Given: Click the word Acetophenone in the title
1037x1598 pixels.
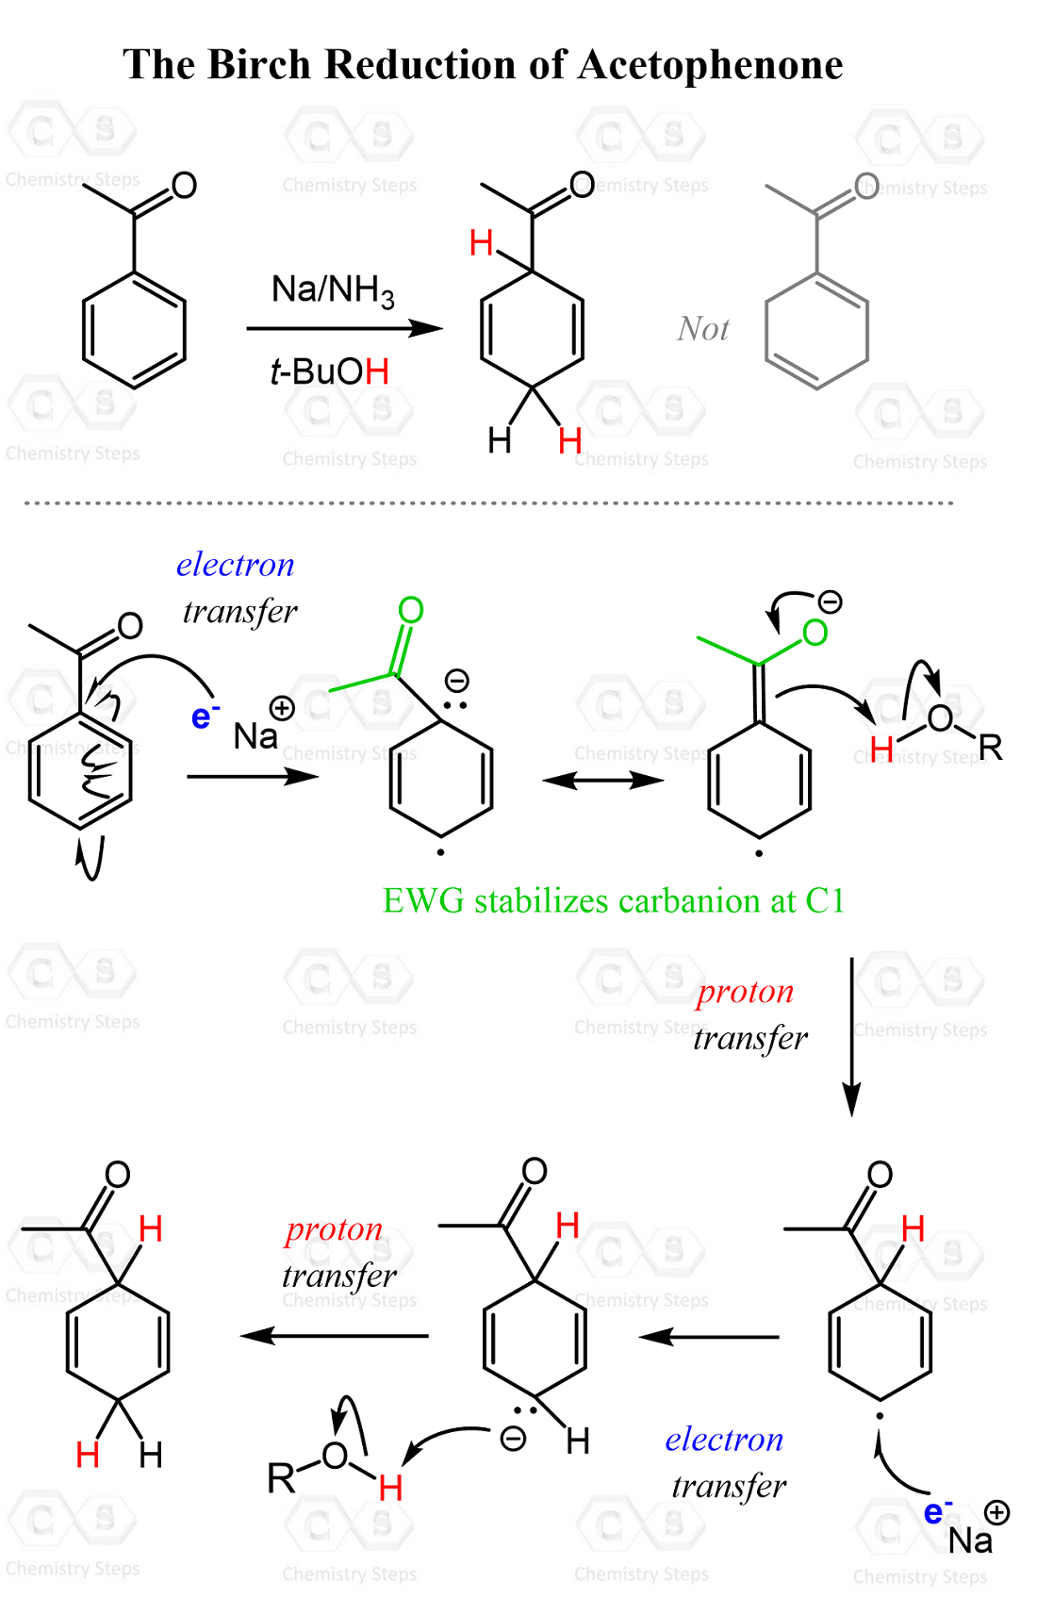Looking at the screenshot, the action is [711, 65].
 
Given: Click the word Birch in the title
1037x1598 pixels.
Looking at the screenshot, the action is [259, 65].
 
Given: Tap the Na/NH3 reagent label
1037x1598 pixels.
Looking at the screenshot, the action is [333, 292].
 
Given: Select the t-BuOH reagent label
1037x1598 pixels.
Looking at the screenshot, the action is [330, 371].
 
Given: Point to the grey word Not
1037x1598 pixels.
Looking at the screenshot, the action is [703, 329].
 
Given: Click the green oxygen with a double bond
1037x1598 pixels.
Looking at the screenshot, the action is [411, 611].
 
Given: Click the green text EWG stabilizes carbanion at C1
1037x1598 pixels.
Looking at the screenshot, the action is [614, 900].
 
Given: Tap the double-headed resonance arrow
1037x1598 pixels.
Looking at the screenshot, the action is [603, 781].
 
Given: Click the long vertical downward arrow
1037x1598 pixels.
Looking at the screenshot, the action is [851, 1036].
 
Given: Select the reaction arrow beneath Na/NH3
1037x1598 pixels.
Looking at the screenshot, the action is [344, 328].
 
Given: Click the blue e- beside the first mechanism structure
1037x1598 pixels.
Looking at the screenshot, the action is [206, 716].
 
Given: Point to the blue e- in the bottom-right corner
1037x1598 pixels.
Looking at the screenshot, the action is [937, 1511].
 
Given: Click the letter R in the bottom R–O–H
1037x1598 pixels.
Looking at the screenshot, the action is [281, 1479].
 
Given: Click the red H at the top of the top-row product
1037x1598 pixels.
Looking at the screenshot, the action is [482, 243].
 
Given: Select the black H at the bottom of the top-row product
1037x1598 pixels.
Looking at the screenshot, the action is [500, 440].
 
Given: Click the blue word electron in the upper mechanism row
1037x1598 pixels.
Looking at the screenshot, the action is [236, 565].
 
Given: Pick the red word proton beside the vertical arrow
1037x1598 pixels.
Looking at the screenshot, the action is [746, 994].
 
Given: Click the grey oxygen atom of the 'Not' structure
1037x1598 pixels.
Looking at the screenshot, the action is [866, 187].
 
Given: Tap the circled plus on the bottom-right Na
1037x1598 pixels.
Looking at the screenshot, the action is [996, 1512].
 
